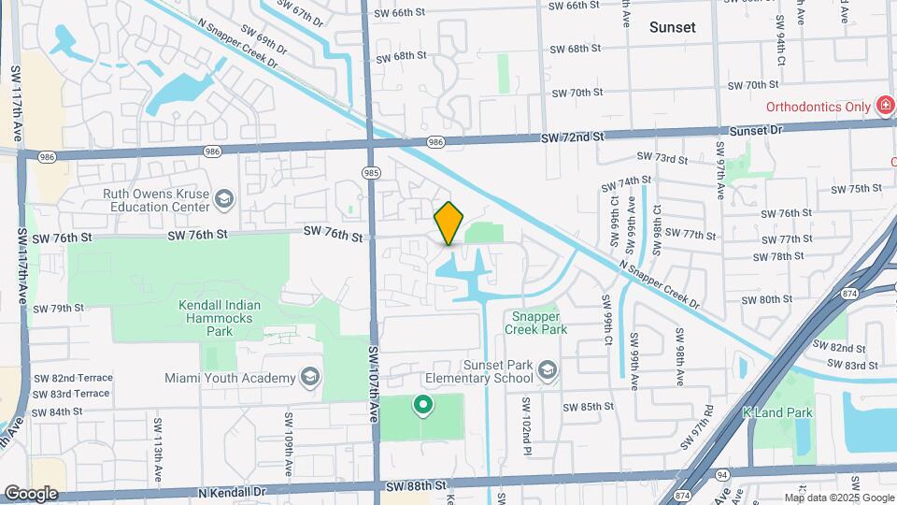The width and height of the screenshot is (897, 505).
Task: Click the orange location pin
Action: (x=448, y=223)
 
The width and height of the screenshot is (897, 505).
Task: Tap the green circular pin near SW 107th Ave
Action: (x=422, y=405)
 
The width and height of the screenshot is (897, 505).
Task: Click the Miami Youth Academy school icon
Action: (x=310, y=377)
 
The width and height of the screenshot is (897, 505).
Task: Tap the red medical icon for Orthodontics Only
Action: (x=884, y=106)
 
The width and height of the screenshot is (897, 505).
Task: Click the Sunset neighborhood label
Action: (x=672, y=27)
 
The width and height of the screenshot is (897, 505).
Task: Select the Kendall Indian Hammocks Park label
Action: (x=220, y=318)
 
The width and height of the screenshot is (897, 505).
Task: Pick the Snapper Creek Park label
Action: (x=536, y=323)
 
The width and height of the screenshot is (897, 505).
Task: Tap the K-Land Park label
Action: (x=777, y=412)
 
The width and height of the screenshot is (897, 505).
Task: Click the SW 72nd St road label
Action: (x=573, y=137)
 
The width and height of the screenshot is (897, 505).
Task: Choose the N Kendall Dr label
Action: (x=232, y=491)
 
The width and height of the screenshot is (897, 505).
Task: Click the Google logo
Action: (x=30, y=494)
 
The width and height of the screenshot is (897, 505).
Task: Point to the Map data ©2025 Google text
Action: (x=838, y=498)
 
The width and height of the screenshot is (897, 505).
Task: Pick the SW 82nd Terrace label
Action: (x=73, y=378)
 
